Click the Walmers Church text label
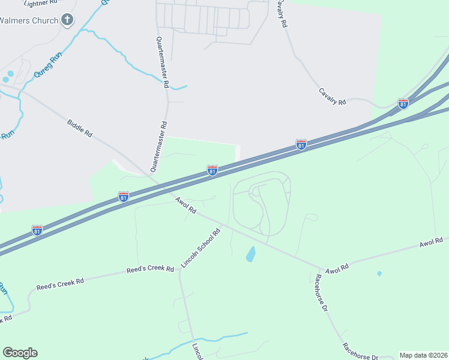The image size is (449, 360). point(29,20)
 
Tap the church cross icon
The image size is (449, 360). point(68,20)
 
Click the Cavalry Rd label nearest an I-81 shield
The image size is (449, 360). point(333,97)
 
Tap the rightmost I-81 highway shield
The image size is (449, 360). point(403,103)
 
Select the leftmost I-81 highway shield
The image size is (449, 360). point(37,230)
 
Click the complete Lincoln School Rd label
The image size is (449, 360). point(201,247)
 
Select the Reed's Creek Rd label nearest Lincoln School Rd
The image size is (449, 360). point(149,270)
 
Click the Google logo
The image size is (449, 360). point(20,353)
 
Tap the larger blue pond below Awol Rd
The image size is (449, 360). point(250,254)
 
